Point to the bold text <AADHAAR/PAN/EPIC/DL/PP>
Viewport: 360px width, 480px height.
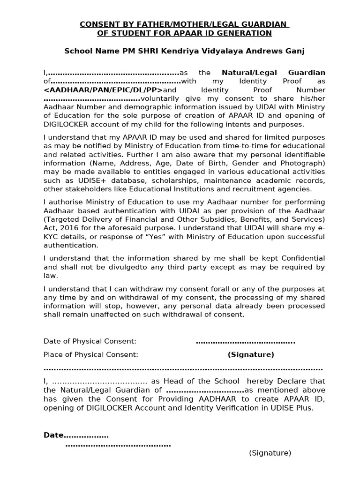click(x=103, y=90)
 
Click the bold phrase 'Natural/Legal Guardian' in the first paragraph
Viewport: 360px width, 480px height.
click(x=273, y=73)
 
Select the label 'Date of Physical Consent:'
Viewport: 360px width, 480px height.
click(x=90, y=341)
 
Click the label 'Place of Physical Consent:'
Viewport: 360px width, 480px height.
click(x=91, y=354)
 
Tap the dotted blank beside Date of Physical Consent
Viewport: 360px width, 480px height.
click(x=245, y=341)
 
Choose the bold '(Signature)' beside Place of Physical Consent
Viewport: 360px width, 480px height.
click(x=251, y=354)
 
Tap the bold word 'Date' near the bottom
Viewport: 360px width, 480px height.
click(x=53, y=435)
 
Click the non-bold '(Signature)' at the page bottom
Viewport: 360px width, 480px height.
click(x=270, y=453)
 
